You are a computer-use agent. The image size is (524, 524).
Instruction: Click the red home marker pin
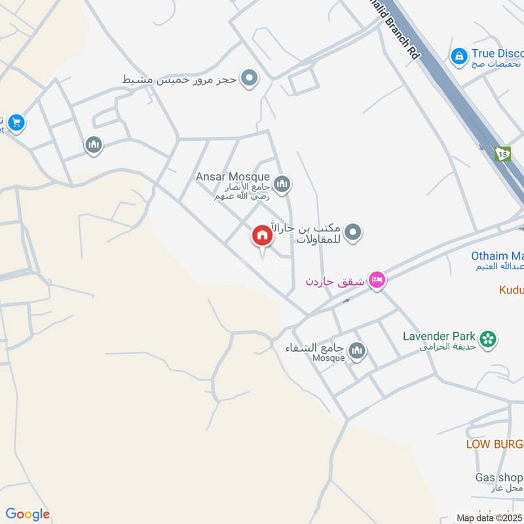pos(262,235)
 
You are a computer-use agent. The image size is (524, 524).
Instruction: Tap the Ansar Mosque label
pos(233,177)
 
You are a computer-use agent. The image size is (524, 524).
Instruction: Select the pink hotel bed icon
pos(377,281)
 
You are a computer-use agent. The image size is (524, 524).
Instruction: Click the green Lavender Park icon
pos(487,339)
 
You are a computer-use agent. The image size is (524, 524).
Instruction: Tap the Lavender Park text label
pos(439,336)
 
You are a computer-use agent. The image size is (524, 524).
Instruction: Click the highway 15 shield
pos(502,154)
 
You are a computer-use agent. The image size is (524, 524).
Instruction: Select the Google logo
pos(27,514)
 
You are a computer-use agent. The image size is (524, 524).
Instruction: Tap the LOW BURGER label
pos(495,444)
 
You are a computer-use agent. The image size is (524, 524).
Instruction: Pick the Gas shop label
pos(499,477)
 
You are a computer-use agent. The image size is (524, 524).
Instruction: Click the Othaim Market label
pos(497,256)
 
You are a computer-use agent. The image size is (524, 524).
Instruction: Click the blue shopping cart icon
pos(16,122)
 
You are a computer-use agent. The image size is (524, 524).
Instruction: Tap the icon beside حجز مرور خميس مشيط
pos(249,79)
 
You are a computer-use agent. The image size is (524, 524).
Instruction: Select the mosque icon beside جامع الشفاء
pos(357,352)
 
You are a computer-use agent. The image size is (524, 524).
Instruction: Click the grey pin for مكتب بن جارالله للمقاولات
pos(353,232)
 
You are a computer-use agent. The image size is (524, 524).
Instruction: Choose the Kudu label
pos(511,290)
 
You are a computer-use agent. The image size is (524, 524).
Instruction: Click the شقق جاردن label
pos(333,282)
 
